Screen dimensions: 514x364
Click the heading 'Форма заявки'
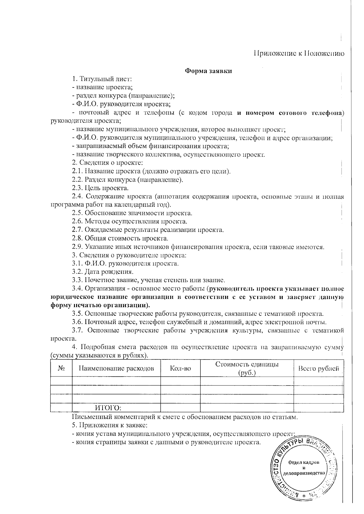point(209,71)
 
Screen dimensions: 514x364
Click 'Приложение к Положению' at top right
point(299,53)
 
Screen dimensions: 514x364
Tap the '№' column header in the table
point(61,368)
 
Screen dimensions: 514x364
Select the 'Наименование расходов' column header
point(116,368)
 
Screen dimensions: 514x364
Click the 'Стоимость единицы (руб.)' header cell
point(247,368)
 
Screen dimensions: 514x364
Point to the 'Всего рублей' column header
point(318,368)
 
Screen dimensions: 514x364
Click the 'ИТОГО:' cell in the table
point(108,407)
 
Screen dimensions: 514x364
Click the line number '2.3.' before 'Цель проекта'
point(77,188)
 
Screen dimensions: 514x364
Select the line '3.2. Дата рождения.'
point(103,271)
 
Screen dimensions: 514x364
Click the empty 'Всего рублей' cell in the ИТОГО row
point(318,407)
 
